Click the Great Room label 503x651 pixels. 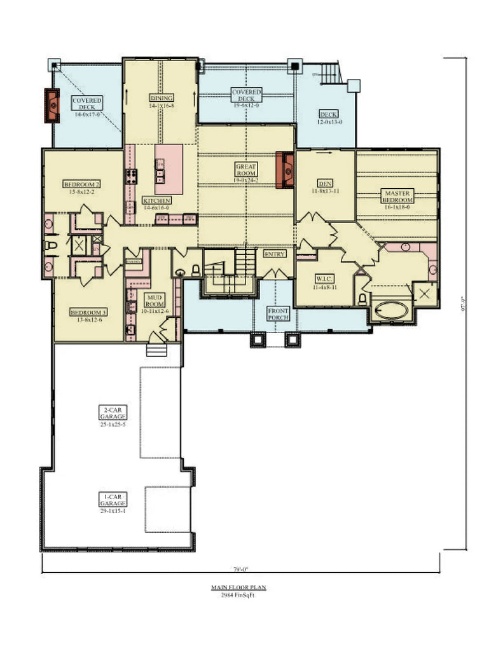pos(246,170)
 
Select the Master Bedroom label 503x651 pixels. pos(397,196)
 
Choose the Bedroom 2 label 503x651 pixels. pos(81,184)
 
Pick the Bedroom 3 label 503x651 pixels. pos(88,313)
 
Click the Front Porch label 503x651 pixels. pos(278,314)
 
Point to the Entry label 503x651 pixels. pos(275,254)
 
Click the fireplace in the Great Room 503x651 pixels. pos(288,170)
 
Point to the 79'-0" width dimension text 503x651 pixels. pos(240,569)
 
